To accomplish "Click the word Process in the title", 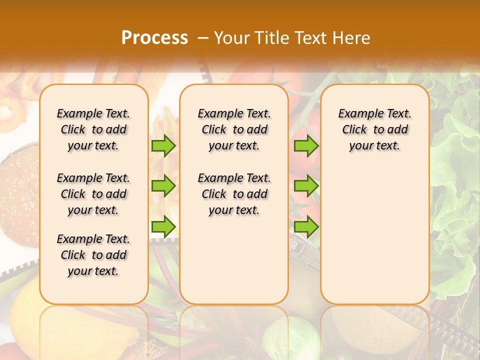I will point(154,38).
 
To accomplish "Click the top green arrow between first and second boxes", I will point(163,146).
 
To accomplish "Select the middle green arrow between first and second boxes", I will point(163,186).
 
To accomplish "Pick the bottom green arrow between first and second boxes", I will point(163,226).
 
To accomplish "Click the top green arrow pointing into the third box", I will point(306,146).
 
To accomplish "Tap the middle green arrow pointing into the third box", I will point(306,186).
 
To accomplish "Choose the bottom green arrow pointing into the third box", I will point(306,226).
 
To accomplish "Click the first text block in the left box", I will point(93,129).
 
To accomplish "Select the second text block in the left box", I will point(93,194).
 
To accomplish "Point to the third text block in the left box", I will point(93,255).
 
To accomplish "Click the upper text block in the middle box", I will point(234,129).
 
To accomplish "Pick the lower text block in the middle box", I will point(234,194).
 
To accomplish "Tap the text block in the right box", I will point(374,129).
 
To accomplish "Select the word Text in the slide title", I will point(309,38).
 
